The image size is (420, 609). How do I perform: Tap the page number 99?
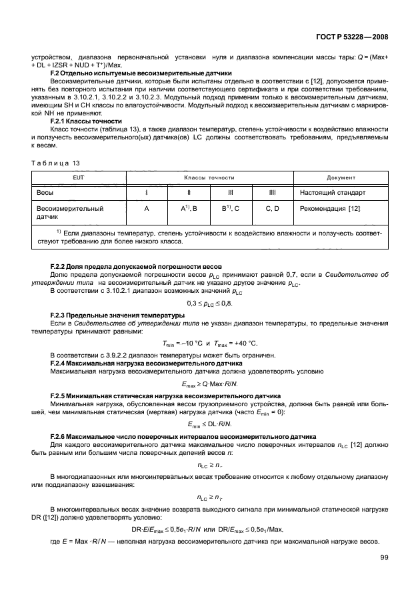385,558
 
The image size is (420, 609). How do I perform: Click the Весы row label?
45,193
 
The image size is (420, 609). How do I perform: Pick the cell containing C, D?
273,208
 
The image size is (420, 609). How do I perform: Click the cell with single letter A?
146,208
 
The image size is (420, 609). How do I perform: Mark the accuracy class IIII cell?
273,193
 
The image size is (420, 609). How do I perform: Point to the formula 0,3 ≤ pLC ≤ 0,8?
210,303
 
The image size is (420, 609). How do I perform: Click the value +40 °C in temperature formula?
245,343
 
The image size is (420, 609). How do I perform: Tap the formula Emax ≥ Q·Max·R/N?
210,384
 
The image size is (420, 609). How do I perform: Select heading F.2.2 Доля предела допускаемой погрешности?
137,265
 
